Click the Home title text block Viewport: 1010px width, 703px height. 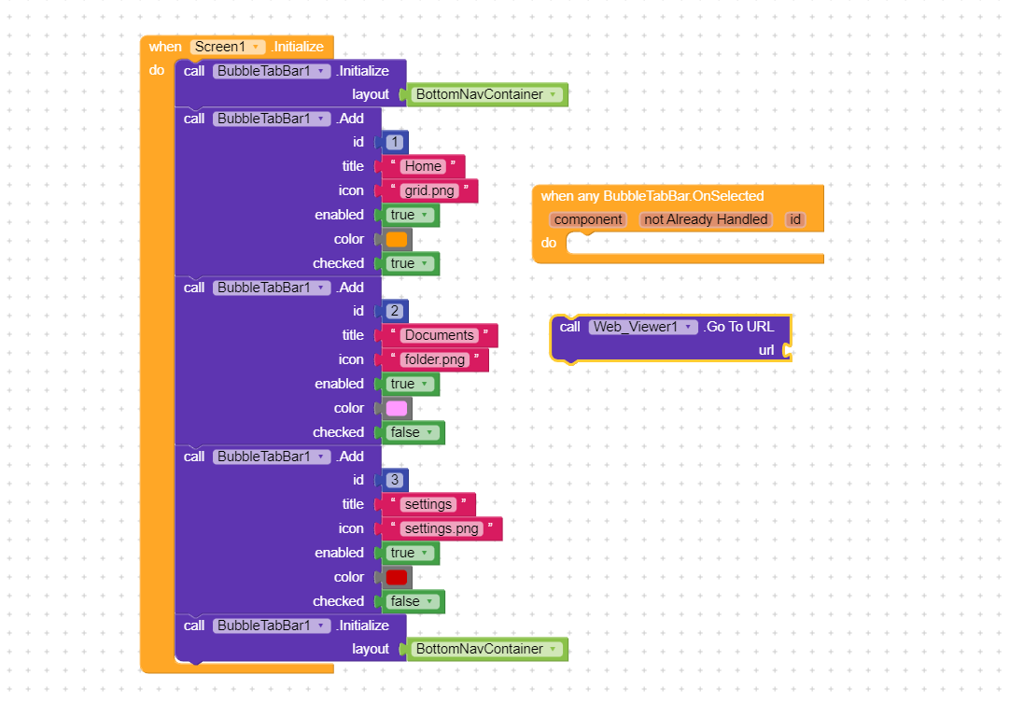tap(423, 166)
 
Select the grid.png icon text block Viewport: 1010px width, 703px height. tap(429, 190)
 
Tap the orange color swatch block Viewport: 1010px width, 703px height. tap(397, 239)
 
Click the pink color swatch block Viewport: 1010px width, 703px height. tap(397, 408)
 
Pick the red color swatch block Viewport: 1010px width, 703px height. tap(397, 577)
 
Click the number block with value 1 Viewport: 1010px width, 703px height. tap(395, 142)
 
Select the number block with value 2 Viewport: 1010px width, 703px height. tap(395, 311)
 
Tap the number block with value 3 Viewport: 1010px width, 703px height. tap(395, 480)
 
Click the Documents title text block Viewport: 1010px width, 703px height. tap(439, 335)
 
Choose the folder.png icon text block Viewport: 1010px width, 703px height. tap(435, 359)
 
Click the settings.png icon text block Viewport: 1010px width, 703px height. tap(442, 528)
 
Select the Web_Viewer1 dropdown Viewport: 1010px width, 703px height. tap(643, 327)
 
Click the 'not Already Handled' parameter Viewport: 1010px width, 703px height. tap(706, 219)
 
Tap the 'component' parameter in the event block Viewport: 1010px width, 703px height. tap(587, 219)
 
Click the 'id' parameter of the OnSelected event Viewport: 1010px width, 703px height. tap(794, 219)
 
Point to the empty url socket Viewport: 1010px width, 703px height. tap(787, 350)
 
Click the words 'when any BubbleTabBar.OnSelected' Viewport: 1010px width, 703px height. tap(652, 196)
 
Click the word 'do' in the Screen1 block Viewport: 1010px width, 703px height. tap(156, 70)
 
